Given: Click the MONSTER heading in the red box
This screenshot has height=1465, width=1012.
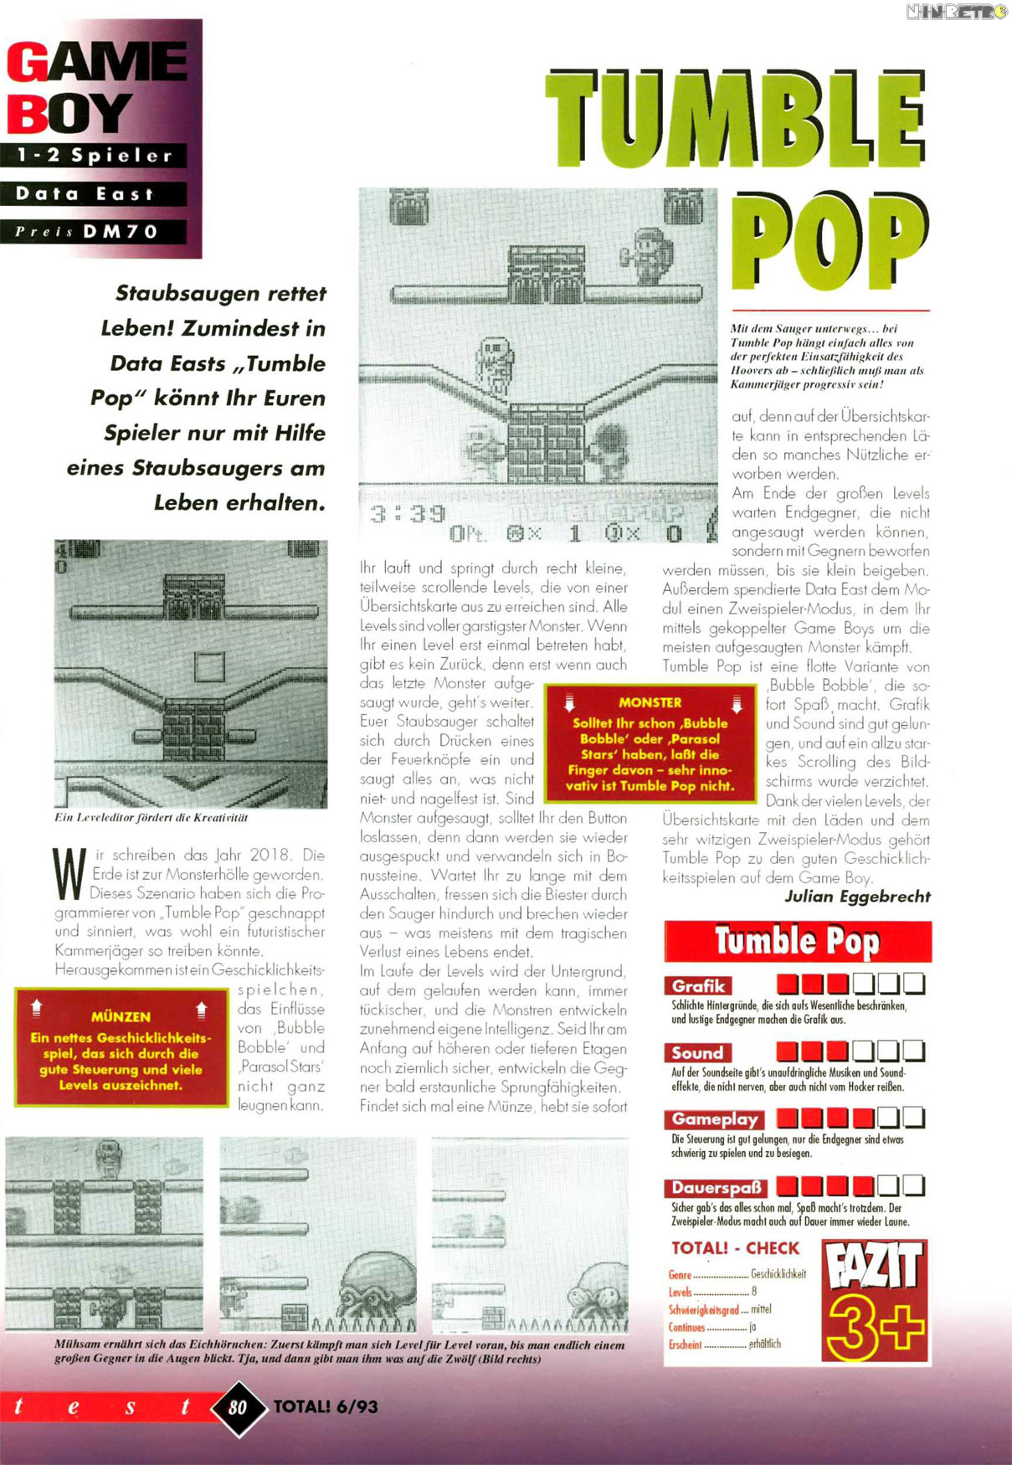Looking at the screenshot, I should (x=650, y=702).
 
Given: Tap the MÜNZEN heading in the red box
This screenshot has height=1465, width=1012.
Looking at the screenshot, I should (x=121, y=1016).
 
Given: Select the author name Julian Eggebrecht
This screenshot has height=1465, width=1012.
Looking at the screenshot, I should (x=857, y=897).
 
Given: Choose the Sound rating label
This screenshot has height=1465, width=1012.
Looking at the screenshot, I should (x=697, y=1052).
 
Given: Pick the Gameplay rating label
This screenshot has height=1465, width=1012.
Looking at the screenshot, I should (x=715, y=1119).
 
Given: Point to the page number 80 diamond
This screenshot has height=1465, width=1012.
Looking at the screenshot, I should (x=238, y=1407).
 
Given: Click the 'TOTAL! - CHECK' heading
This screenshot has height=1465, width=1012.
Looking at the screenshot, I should (x=735, y=1248).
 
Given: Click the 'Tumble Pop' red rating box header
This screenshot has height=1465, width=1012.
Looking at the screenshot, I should (x=797, y=942).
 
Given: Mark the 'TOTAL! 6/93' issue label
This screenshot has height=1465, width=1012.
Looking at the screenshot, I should (x=326, y=1407).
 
